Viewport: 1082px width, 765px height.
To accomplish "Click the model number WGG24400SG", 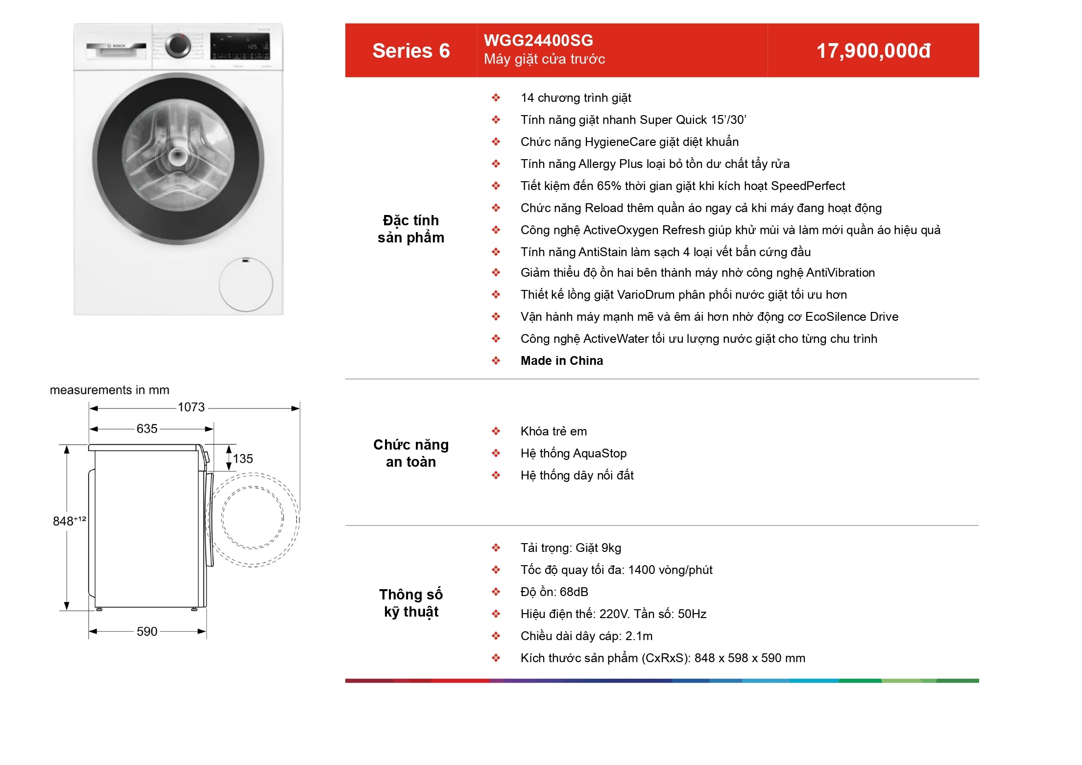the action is [x=538, y=40].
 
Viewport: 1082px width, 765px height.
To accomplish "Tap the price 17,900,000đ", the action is [x=873, y=51].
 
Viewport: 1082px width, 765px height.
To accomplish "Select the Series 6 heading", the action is [x=411, y=51].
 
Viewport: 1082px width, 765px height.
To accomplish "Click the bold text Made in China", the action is [x=561, y=361].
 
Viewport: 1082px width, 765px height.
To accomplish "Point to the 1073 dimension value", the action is [x=191, y=407].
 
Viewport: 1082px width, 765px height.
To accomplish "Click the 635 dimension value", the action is [x=147, y=429].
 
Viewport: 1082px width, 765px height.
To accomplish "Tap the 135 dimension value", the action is [x=243, y=459].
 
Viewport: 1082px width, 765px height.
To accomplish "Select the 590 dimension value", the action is [x=147, y=631].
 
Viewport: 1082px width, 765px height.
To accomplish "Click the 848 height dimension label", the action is [x=69, y=521].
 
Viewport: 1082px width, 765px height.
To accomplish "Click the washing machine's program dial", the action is [x=178, y=46].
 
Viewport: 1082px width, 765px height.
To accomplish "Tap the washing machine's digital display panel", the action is [x=240, y=47].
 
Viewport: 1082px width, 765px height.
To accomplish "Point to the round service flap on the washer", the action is [x=245, y=285].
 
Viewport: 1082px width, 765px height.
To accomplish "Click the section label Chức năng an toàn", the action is [x=411, y=453].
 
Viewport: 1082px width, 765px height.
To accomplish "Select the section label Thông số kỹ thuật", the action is [x=411, y=603].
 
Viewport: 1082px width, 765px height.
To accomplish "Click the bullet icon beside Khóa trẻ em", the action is [x=496, y=431].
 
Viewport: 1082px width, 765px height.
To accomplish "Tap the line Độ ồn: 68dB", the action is [x=554, y=592].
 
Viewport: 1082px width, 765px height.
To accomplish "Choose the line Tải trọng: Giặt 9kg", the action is [x=571, y=548].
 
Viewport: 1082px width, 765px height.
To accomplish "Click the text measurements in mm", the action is [x=110, y=390].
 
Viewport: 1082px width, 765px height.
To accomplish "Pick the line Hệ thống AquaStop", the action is [x=574, y=454].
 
